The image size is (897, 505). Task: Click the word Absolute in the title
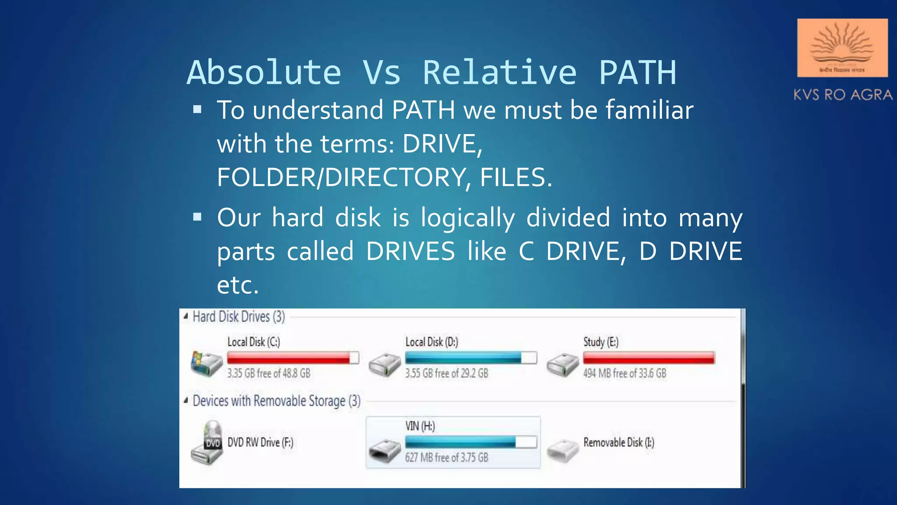point(264,73)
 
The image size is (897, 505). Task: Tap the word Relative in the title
point(499,73)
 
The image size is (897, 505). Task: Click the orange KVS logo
point(842,48)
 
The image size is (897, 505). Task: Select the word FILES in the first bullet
point(516,178)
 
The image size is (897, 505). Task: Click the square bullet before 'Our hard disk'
point(198,217)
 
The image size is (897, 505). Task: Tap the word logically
point(468,218)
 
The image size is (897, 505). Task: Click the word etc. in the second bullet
point(238,285)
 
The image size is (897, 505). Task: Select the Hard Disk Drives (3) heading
point(239,317)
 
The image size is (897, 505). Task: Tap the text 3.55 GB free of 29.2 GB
point(446,373)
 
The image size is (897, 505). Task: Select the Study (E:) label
point(600,342)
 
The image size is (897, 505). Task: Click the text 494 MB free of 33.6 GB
point(625,373)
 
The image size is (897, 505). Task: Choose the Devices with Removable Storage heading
point(276,401)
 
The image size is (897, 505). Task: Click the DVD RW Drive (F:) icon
point(207,443)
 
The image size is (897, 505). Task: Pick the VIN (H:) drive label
point(420,426)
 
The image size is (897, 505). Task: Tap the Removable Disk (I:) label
point(618,443)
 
